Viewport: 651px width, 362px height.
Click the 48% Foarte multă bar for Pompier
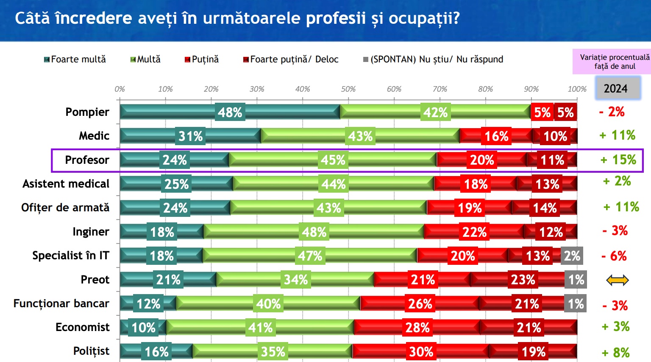coord(230,112)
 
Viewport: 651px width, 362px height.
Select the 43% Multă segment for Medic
coord(360,136)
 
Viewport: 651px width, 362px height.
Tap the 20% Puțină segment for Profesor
coord(482,160)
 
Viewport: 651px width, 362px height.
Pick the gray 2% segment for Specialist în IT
coord(572,256)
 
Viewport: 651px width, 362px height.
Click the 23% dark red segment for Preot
coord(523,280)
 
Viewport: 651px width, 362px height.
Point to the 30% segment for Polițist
coord(421,351)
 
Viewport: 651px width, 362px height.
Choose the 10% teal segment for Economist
coord(143,328)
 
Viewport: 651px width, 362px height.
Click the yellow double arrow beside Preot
coord(617,280)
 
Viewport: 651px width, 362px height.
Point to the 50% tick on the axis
coord(348,89)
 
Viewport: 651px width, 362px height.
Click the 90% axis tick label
coord(531,89)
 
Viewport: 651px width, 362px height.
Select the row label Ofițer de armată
coord(65,208)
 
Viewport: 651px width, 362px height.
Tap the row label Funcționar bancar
coord(61,303)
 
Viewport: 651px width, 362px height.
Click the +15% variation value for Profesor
coord(618,160)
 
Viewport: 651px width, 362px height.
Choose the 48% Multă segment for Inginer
coord(314,232)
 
